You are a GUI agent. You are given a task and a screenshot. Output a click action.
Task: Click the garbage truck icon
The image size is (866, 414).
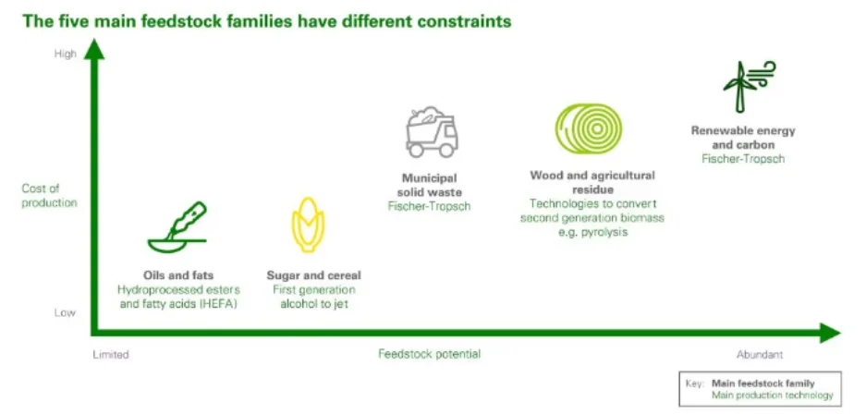click(x=432, y=131)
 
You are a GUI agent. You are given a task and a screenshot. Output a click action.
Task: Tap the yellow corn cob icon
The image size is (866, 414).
click(x=308, y=225)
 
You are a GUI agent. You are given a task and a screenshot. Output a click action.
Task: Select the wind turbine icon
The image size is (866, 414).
click(x=749, y=87)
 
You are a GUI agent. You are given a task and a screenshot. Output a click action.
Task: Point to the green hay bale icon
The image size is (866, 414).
click(x=588, y=128)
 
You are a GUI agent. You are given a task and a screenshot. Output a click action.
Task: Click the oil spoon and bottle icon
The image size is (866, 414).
click(x=177, y=227)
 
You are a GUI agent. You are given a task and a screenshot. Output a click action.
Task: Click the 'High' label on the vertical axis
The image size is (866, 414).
click(x=66, y=55)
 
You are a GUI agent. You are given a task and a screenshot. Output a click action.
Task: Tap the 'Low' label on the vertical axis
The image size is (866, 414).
click(x=66, y=312)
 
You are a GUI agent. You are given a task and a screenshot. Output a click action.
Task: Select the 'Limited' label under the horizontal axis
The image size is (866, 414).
click(x=111, y=354)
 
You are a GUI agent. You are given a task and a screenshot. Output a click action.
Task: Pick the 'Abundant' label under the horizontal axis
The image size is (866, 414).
click(x=760, y=354)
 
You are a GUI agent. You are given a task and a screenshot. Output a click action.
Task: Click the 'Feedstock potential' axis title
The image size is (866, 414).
click(x=429, y=354)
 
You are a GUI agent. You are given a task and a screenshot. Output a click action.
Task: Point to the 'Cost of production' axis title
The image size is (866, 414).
click(x=49, y=196)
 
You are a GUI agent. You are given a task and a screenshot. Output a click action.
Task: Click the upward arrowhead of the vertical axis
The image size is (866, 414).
click(x=94, y=49)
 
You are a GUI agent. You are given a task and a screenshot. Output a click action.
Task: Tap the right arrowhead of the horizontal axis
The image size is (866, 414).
click(x=830, y=333)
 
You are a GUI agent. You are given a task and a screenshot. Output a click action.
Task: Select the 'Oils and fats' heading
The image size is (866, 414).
click(x=177, y=274)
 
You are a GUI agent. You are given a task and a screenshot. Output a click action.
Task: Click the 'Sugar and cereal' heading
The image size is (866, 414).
click(x=313, y=274)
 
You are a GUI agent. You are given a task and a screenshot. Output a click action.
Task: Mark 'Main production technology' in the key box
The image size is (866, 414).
click(x=772, y=396)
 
